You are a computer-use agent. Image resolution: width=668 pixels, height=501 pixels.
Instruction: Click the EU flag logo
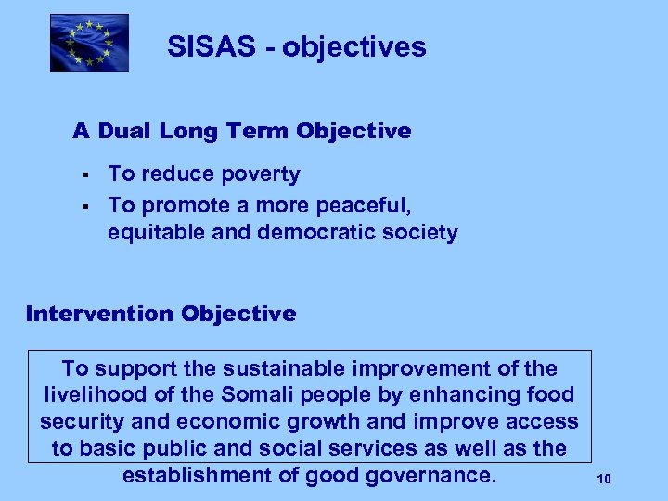(x=89, y=43)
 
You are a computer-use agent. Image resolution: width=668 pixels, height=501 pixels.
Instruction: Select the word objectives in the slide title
(x=355, y=47)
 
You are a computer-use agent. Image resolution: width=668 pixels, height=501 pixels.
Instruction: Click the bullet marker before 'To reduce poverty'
(x=84, y=175)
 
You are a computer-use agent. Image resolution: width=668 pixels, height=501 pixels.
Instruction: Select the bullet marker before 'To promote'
(x=84, y=204)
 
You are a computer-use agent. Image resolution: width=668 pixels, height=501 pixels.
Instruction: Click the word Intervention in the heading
(x=99, y=314)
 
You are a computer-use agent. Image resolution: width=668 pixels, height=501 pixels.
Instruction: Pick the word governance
(x=437, y=476)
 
